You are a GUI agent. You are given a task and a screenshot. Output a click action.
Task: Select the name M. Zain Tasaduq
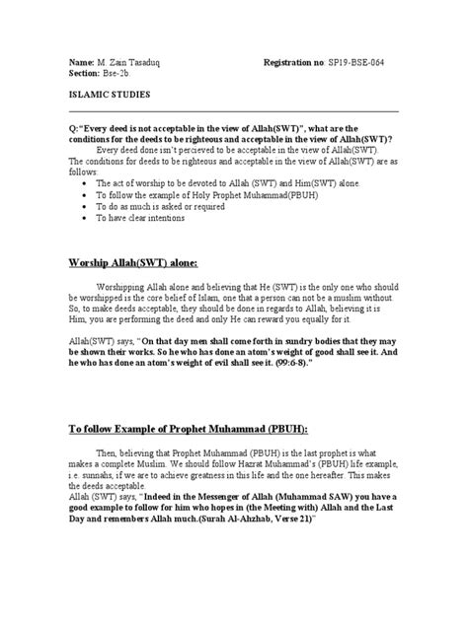pyautogui.click(x=122, y=61)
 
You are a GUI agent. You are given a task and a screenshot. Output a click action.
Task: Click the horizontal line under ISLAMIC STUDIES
pyautogui.click(x=233, y=110)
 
